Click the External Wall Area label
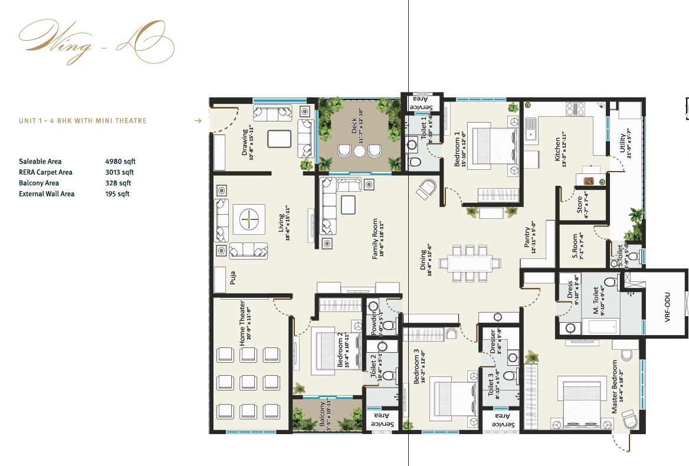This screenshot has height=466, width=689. (x=47, y=193)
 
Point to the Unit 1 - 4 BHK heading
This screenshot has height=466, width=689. (x=83, y=121)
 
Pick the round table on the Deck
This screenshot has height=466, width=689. (x=359, y=152)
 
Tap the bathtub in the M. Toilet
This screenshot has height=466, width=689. (x=600, y=326)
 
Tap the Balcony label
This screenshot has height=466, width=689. (x=323, y=415)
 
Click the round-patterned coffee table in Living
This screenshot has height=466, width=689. (x=248, y=219)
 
